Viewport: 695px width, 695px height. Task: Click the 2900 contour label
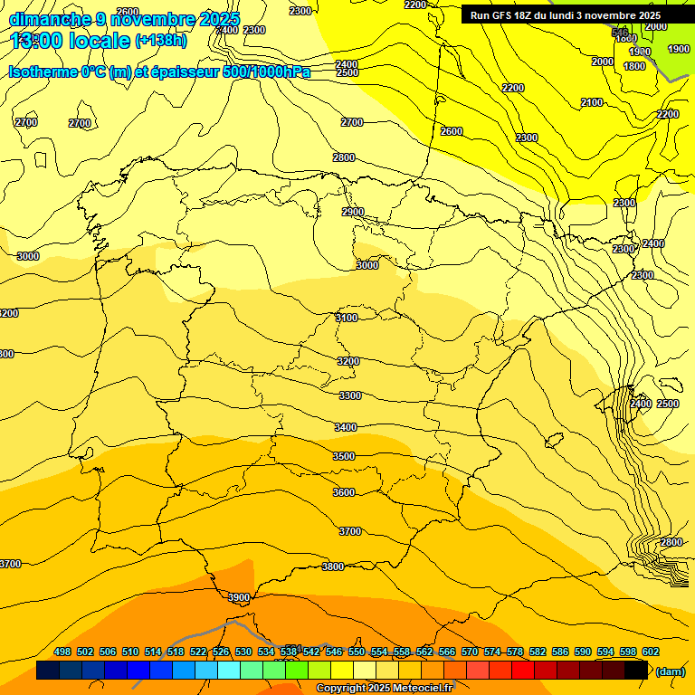[353, 212]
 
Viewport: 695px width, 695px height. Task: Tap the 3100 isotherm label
[347, 318]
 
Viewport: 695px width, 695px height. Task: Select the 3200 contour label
[348, 361]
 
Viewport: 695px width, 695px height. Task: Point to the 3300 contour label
[350, 395]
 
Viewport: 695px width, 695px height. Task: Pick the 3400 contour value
[346, 427]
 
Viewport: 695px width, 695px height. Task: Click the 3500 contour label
[344, 457]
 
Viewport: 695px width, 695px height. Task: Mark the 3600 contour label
[344, 492]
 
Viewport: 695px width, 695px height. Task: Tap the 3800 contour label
[333, 566]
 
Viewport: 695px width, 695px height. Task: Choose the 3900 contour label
[239, 598]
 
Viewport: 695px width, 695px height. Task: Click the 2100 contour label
[592, 103]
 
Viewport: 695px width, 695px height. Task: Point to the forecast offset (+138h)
[160, 41]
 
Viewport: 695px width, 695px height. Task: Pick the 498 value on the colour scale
[62, 652]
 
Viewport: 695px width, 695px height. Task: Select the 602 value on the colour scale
[651, 652]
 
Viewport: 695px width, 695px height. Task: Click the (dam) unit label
[670, 671]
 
